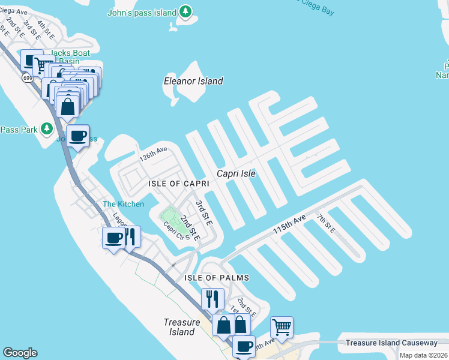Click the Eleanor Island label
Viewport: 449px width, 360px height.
(x=193, y=81)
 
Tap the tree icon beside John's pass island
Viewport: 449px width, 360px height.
(x=186, y=12)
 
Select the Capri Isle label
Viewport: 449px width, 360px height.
(x=237, y=173)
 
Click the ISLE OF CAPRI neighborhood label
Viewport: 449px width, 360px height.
(x=179, y=184)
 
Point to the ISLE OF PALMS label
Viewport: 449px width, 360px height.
(x=217, y=278)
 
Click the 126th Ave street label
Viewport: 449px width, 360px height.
(x=152, y=155)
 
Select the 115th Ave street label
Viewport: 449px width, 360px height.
(x=289, y=224)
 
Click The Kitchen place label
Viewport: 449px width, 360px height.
(x=123, y=204)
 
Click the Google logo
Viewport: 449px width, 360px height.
(x=20, y=352)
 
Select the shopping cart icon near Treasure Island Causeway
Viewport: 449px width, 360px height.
(x=282, y=328)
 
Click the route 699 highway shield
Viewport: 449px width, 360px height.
(x=27, y=77)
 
